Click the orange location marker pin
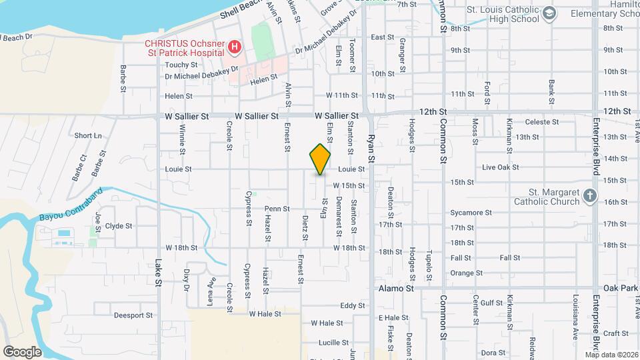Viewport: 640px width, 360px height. [x=320, y=159]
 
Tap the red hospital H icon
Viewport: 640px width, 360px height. [x=234, y=47]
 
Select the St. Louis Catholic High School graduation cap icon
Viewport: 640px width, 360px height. [x=549, y=13]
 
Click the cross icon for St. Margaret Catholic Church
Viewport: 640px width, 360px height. [x=589, y=196]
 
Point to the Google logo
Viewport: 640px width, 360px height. [x=22, y=351]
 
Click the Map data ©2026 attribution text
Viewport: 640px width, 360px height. [x=611, y=355]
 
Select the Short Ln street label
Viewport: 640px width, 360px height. [x=87, y=135]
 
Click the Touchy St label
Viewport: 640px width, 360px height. [x=181, y=65]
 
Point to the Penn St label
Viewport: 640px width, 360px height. [x=277, y=209]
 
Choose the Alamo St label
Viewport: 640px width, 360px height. [x=396, y=289]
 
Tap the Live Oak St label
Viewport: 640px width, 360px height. [x=500, y=167]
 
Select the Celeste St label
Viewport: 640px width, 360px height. [x=541, y=122]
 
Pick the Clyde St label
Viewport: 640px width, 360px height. [x=119, y=226]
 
